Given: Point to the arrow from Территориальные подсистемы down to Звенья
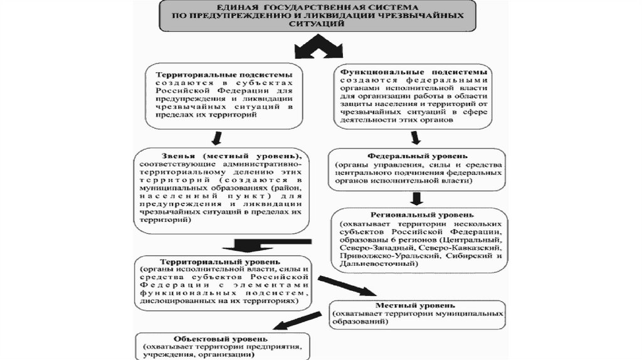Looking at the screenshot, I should coord(217,137).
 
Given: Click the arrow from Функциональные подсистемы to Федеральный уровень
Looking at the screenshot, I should coord(415,137).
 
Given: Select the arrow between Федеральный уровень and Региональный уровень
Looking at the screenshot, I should coord(415,198).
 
